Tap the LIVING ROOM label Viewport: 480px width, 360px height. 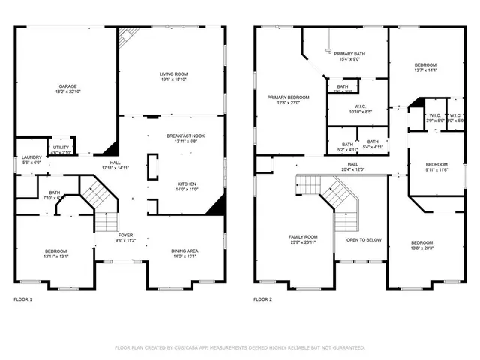173,73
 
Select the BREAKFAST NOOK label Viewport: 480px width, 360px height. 186,136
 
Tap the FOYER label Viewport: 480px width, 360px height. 105,235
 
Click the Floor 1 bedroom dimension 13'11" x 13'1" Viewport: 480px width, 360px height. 55,256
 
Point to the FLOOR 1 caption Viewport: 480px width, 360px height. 23,299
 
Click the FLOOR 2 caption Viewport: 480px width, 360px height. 262,299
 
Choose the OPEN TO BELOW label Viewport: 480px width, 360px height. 363,241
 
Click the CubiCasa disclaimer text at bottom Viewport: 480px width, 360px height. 239,348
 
